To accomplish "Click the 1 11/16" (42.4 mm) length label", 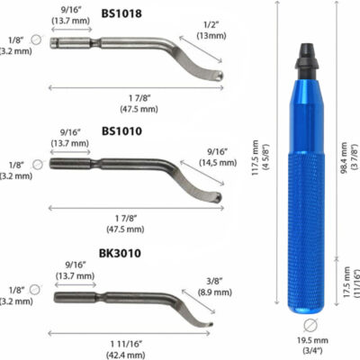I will tap(135, 348).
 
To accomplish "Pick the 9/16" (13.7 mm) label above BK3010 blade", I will tap(74, 270).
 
